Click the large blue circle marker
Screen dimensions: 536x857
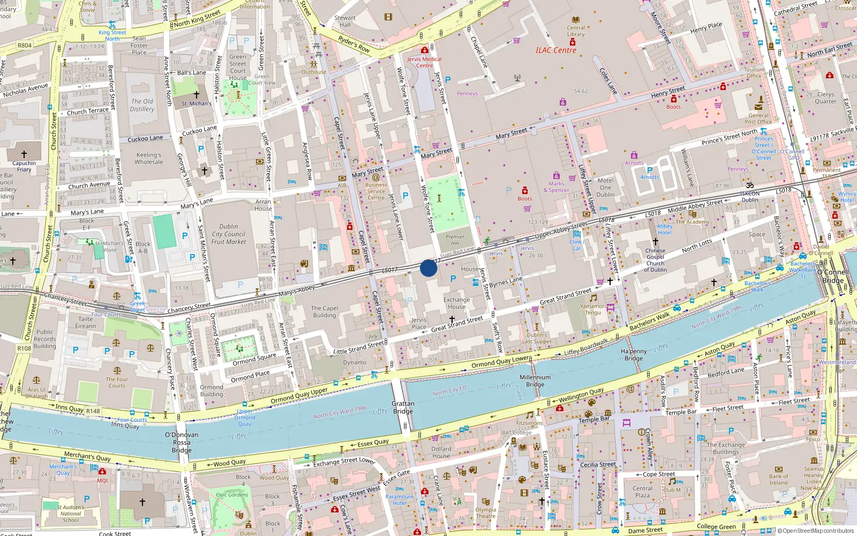428,268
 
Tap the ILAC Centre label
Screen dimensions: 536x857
556,50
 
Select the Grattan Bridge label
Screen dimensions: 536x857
403,407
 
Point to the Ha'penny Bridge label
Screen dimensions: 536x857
634,355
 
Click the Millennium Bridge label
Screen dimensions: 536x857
535,381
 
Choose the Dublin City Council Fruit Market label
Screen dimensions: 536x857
228,234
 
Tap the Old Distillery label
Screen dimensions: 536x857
142,105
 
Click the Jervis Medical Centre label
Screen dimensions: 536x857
424,62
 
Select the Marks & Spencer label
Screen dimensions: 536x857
556,187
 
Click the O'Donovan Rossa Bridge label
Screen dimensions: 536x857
182,442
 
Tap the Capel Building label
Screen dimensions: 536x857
325,311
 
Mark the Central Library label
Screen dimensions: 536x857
576,31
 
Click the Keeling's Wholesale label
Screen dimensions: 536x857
149,158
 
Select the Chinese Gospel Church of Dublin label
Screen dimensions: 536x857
655,260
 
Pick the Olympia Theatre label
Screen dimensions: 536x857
485,513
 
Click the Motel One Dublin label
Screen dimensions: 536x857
605,188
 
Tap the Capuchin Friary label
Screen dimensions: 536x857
24,166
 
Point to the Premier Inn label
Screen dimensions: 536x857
455,240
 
